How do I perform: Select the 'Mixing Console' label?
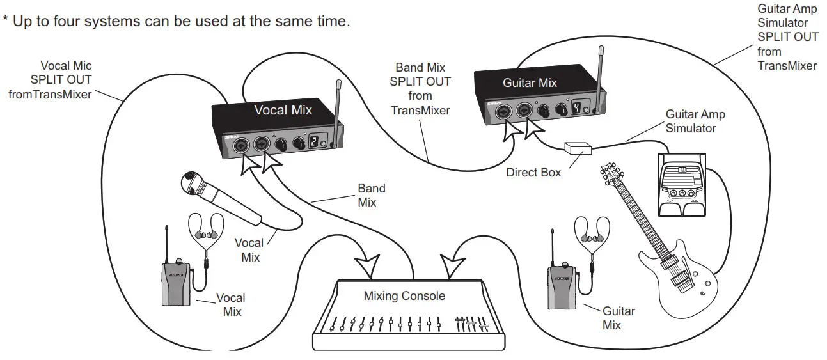[404, 296]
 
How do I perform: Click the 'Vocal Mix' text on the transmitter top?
[283, 110]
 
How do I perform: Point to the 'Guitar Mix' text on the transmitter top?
[530, 82]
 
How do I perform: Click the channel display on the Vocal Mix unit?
[315, 144]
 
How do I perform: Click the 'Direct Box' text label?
[533, 172]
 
